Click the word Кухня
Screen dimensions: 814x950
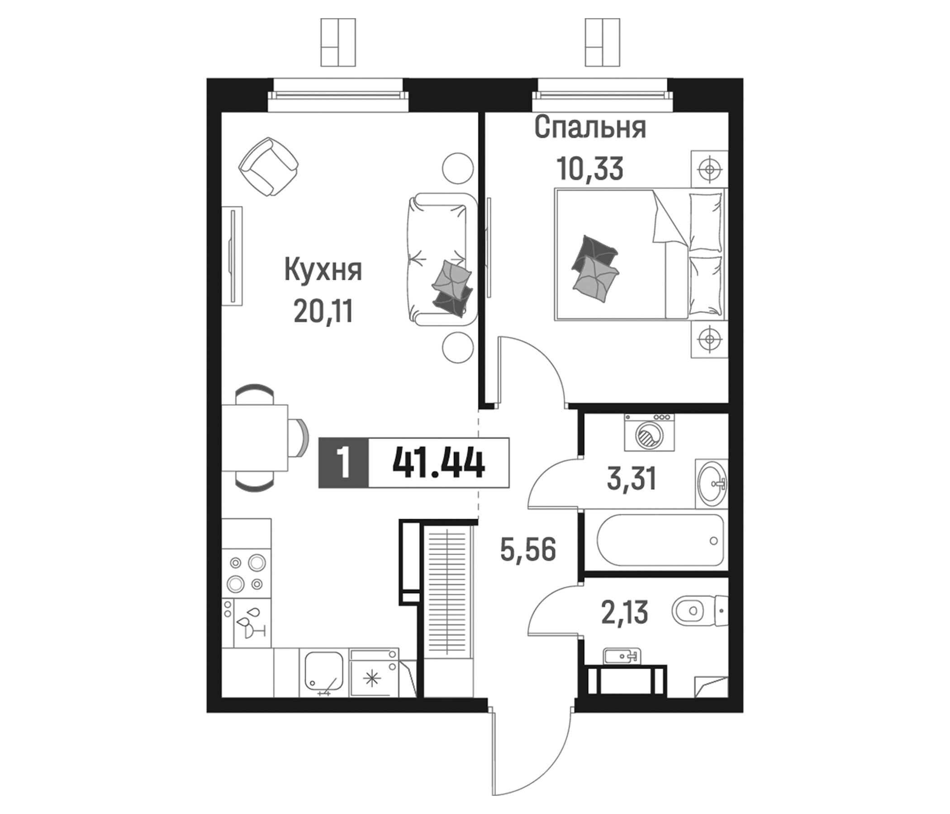[323, 270]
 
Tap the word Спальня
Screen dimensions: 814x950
[590, 128]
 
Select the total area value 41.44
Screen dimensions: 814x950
[439, 464]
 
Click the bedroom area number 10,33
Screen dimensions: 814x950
[590, 169]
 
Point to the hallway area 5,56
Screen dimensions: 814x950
[528, 549]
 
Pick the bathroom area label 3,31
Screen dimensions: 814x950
[632, 478]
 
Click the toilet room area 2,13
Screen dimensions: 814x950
[624, 613]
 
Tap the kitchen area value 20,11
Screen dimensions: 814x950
[323, 312]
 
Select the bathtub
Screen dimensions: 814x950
[660, 540]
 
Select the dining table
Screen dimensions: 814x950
[254, 438]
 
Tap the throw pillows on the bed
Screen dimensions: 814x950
[595, 270]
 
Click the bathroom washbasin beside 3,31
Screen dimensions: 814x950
[712, 483]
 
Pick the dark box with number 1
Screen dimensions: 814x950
[343, 464]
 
